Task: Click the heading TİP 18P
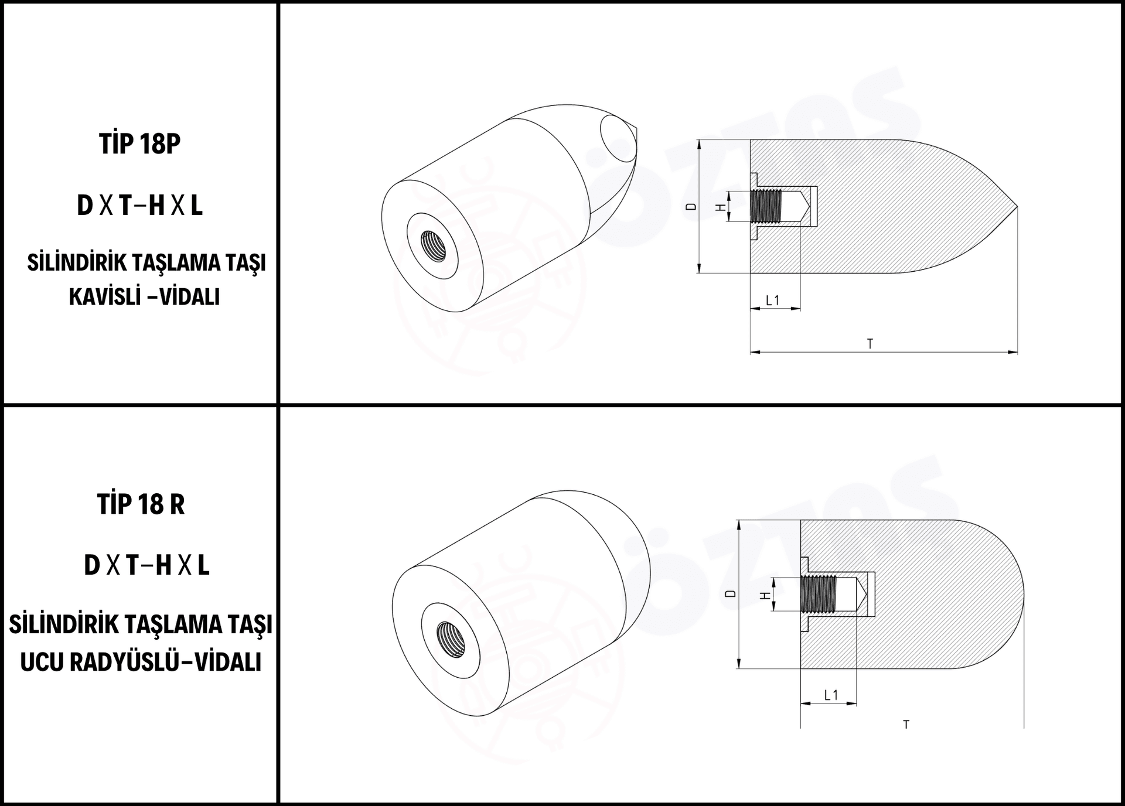140,144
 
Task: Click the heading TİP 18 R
141,504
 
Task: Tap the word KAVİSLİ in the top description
105,297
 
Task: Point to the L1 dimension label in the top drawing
773,300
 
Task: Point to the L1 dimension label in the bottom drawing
831,695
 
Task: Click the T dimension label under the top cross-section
870,344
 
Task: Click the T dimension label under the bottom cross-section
906,725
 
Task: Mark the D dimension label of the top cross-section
691,207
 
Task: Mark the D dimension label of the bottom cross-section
730,594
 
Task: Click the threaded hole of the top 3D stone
432,247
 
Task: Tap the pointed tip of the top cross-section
1017,207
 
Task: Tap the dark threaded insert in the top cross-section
766,207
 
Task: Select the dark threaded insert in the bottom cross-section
819,595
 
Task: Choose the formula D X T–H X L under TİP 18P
140,206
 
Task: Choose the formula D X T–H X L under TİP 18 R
146,565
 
